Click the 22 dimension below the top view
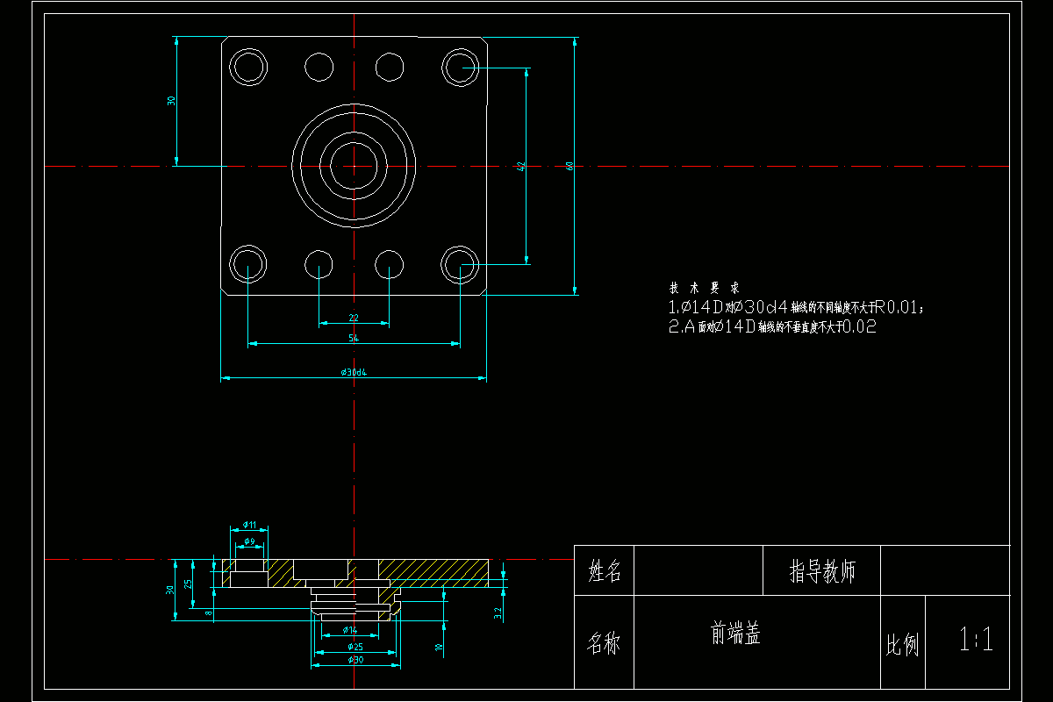[354, 317]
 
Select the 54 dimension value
[354, 338]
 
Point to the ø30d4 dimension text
[354, 372]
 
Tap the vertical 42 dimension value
[520, 165]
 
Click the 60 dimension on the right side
[569, 165]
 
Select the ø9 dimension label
[249, 541]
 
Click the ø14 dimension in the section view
[349, 630]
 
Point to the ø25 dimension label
[355, 647]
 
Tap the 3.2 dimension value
[498, 612]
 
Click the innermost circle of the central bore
[354, 165]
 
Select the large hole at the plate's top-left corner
[248, 66]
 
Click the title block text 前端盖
[735, 634]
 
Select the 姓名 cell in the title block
[604, 572]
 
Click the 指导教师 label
[822, 572]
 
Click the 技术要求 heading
[704, 288]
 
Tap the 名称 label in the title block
[604, 643]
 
